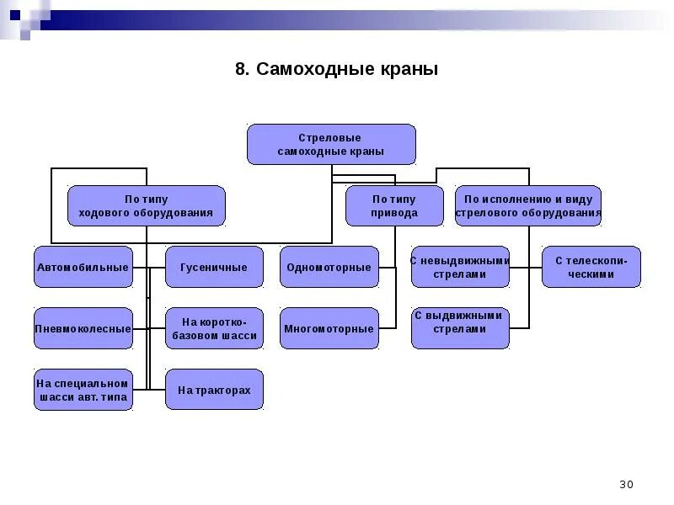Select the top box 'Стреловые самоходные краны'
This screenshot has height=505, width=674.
click(x=331, y=144)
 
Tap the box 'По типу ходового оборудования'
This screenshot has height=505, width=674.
click(x=147, y=206)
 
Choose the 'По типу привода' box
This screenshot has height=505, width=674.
click(x=394, y=206)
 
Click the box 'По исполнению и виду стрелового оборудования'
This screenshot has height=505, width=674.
click(x=528, y=206)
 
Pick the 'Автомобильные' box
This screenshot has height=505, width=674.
click(x=83, y=267)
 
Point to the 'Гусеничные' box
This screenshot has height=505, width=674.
click(x=214, y=267)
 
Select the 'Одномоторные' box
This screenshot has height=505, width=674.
click(x=329, y=267)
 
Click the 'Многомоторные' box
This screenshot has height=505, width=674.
click(x=329, y=328)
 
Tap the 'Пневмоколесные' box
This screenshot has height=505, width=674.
click(x=83, y=328)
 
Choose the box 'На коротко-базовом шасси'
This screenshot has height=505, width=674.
click(x=214, y=328)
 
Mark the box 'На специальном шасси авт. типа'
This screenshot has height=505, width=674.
click(x=83, y=390)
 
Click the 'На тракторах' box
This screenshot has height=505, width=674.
click(x=214, y=390)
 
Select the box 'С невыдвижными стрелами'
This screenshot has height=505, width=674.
click(x=460, y=267)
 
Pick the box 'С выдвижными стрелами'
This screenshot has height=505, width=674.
click(x=460, y=328)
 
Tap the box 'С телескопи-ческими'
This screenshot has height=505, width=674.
click(x=591, y=267)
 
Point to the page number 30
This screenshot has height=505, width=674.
click(x=626, y=484)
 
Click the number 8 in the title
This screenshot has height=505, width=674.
click(x=240, y=69)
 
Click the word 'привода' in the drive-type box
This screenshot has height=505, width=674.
click(x=394, y=214)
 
